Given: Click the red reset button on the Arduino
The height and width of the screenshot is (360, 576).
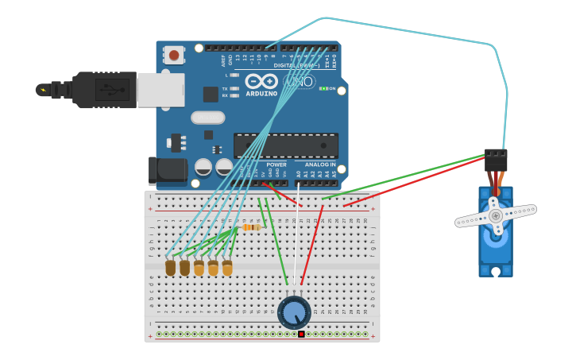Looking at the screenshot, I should coord(173,55).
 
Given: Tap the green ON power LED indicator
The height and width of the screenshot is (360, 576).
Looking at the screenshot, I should coord(324,88).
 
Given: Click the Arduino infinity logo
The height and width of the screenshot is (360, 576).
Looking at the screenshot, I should coord(261,81).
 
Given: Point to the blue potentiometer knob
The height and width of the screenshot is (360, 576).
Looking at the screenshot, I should coord(294,313).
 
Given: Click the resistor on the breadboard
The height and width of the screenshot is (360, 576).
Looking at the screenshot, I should coord(251,227).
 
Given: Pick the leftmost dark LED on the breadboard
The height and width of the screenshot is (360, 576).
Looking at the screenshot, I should coord(170,268).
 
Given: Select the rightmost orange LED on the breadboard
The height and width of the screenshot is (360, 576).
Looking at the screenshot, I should coord(227,268).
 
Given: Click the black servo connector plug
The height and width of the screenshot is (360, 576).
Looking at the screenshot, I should coord(496,160).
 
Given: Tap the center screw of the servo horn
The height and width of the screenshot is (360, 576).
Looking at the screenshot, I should coord(496,215).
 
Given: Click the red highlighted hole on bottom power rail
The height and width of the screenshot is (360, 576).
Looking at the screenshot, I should coord(301,334).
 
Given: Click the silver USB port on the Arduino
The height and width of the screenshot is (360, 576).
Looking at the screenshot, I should coord(160,90).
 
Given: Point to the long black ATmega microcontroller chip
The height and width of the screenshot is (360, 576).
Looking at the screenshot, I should coord(286,145).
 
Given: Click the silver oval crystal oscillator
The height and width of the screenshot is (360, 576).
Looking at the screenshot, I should coord(208,118).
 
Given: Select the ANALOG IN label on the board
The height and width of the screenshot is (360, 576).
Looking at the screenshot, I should coord(319,165).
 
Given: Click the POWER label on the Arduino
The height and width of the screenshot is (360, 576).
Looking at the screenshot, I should coord(276,165).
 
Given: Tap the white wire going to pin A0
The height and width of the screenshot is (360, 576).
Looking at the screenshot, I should coord(297,238).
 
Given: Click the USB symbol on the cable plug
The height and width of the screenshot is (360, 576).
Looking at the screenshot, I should coord(111,90).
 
